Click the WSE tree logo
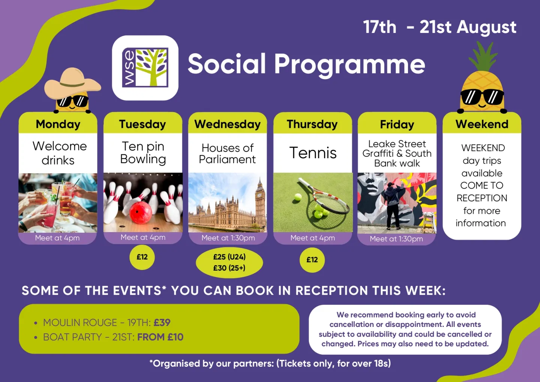(145, 67)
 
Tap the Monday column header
(58, 124)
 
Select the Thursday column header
(312, 124)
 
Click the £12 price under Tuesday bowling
(142, 257)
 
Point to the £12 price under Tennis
(312, 259)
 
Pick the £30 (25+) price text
(229, 268)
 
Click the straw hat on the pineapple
(73, 83)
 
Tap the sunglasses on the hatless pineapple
(482, 97)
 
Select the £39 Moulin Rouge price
(162, 322)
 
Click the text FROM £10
(160, 337)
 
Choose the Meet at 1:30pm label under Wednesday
(228, 238)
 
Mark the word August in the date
(486, 27)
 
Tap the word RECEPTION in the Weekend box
(482, 198)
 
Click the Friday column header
(397, 124)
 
